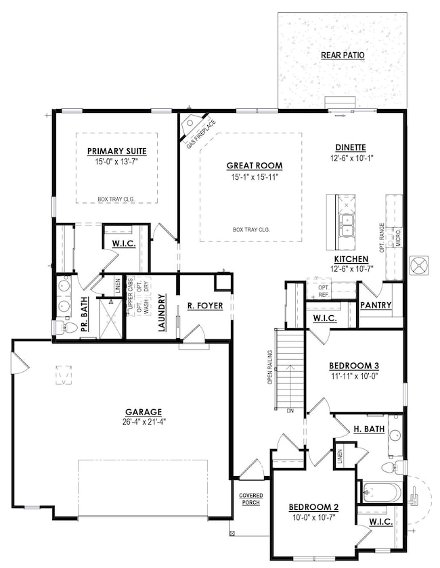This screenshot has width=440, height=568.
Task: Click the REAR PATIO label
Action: point(343,54)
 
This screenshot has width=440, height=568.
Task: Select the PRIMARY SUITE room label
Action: point(117,151)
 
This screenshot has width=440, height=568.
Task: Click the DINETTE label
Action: point(351,147)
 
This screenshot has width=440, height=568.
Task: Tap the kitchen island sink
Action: point(347,225)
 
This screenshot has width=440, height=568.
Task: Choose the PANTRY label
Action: point(376,305)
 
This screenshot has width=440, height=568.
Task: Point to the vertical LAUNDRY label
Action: point(162,313)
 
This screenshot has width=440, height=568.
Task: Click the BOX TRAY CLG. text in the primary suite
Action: point(116,199)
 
